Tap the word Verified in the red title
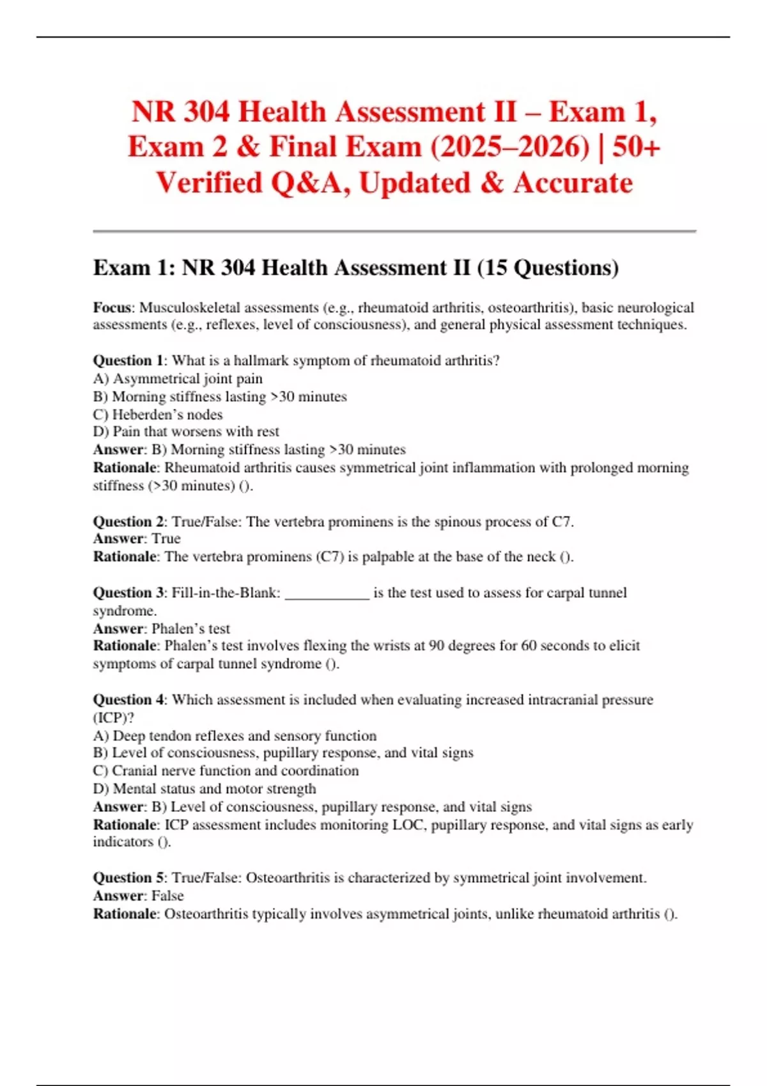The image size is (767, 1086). point(209,183)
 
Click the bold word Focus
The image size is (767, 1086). point(112,308)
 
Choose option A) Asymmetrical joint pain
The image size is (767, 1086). point(178,379)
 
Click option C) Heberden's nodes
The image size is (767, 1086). point(158,415)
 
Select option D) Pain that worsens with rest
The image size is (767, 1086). point(186,432)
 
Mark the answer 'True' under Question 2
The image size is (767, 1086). point(166,539)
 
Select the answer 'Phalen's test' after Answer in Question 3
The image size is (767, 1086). point(190,629)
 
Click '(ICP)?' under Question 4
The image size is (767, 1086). point(114,718)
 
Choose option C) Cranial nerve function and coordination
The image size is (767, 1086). point(226,771)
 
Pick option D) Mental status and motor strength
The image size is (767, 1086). point(205,789)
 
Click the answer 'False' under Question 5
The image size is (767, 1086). point(167,896)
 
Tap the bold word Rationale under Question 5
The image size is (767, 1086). point(125,914)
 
